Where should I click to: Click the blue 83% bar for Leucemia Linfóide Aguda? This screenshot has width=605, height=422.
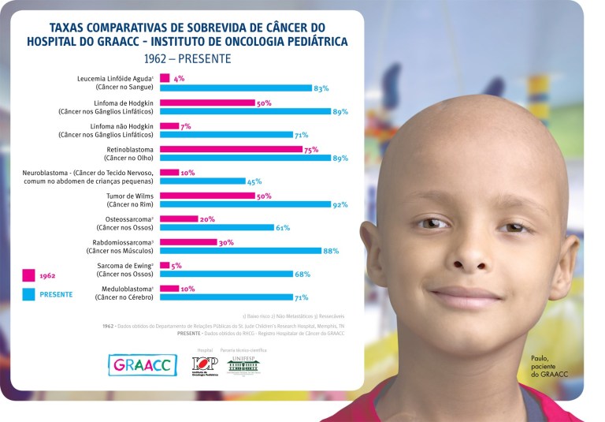point(236,88)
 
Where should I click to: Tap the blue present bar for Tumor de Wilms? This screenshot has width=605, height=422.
point(245,205)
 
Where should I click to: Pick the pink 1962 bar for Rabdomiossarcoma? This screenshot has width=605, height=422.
point(188,242)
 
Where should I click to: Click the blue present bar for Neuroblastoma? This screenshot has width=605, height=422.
point(202,181)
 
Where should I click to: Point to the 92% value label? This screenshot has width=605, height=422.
point(340,205)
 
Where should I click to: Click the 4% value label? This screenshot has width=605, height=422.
point(179,78)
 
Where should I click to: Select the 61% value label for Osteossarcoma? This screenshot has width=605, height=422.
point(283,228)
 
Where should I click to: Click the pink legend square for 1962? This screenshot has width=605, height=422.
point(28,275)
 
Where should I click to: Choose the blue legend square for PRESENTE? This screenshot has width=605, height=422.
point(28,294)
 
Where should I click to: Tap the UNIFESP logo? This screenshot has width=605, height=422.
point(243,365)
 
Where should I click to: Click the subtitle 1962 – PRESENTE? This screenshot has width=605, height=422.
point(188,58)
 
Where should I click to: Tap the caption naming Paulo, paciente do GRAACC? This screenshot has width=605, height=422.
point(549,365)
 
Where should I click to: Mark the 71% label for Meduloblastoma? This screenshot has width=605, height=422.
point(301,298)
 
